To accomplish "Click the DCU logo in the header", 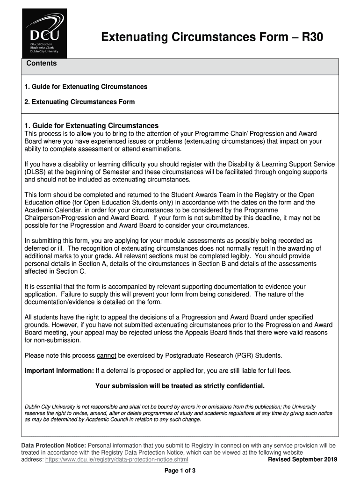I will (44, 33).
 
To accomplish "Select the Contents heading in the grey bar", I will (42, 63).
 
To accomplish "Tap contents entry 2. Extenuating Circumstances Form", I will (79, 102).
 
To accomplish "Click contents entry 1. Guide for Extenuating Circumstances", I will (86, 87).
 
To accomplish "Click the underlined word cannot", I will (106, 356).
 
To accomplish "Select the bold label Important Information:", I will (59, 371).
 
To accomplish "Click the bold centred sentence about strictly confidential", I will (180, 386).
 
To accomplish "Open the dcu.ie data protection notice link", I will (117, 460).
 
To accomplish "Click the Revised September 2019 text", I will (302, 460).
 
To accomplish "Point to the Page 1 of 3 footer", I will (180, 471).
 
